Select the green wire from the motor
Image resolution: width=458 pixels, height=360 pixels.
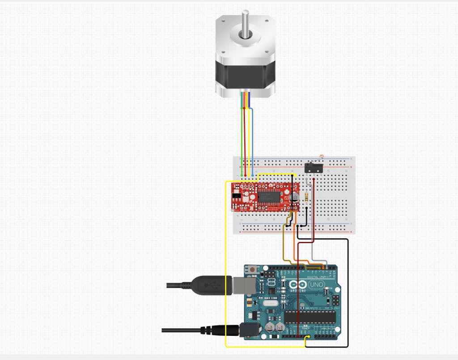coord(242,134)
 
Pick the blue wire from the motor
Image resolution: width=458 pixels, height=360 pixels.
coord(253,134)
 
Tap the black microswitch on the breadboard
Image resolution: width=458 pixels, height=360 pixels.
coord(312,168)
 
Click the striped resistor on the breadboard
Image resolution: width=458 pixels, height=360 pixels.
coord(306,197)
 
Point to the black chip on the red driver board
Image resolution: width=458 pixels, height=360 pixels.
coord(268,195)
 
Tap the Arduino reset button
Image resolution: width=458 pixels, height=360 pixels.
coord(253,270)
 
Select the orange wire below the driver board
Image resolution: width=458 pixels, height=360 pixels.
coord(295,241)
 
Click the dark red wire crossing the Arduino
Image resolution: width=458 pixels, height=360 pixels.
coord(298,291)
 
